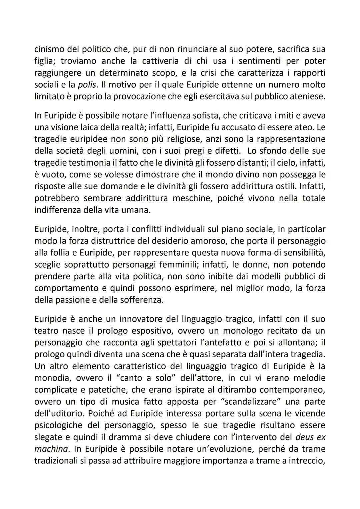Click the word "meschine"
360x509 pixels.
click(x=193, y=198)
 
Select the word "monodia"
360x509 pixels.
click(x=52, y=378)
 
